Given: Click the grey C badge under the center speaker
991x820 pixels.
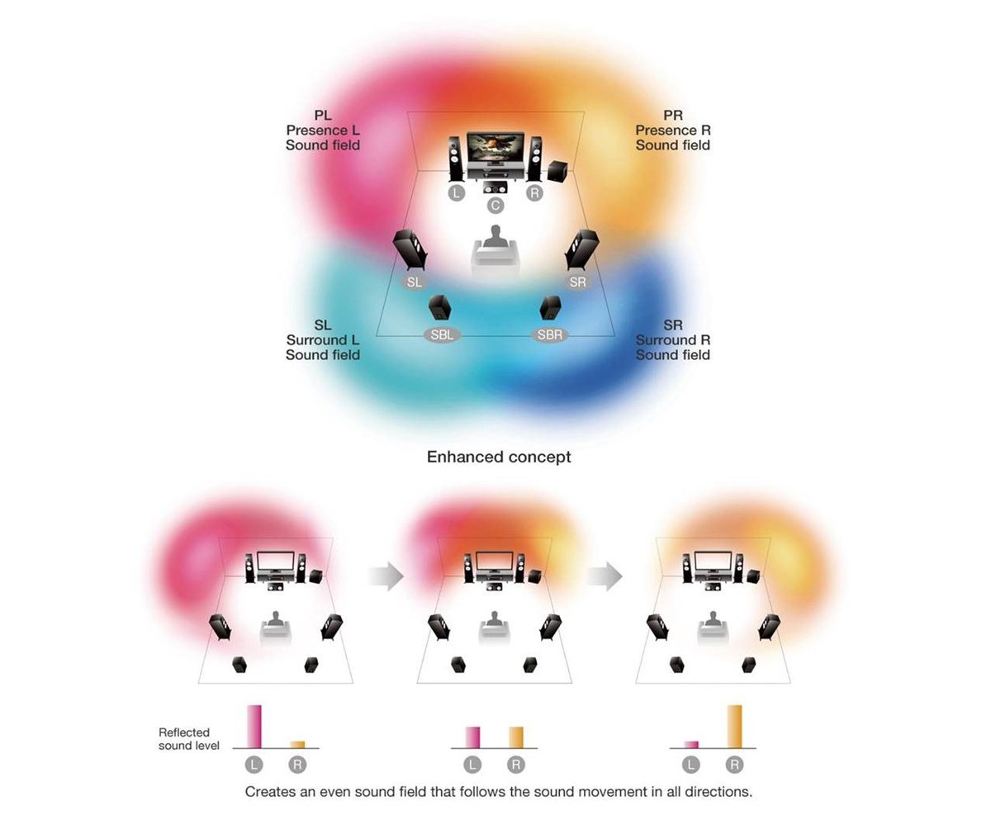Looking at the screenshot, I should pos(495,205).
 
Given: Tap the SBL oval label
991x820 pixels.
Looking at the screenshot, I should pos(442,335).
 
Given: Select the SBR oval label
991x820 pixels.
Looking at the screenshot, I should pos(550,335).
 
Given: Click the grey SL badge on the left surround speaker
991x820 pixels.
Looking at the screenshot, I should pos(415,282).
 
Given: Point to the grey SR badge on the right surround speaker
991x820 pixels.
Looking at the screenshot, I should pos(578,282).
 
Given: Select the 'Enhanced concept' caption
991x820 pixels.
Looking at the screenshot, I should pos(499,457).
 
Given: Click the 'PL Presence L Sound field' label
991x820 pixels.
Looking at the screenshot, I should pos(323,130).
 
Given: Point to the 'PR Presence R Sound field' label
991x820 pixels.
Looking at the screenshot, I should pos(673,130).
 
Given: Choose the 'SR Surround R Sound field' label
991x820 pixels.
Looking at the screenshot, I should pos(673,340).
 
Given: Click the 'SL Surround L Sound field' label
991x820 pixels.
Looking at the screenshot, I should pos(323,340).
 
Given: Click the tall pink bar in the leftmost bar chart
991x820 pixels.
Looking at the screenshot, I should pos(254,727).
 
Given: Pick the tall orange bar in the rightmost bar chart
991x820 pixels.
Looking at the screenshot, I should pos(734,727).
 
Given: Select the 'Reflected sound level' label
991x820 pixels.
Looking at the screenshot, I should pos(188,739).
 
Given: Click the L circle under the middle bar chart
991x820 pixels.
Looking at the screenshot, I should pos(472,765).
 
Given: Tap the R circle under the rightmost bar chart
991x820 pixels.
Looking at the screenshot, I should pos(734,765).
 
